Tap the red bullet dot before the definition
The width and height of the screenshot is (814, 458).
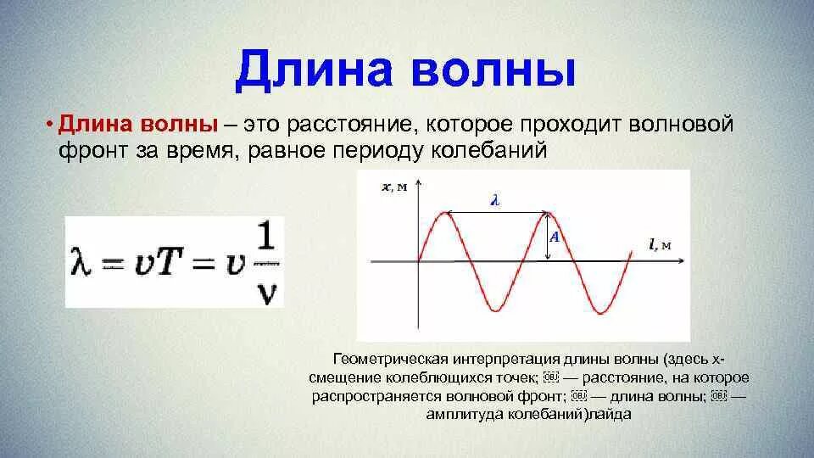coord(51,126)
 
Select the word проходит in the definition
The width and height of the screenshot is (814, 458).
coord(565,125)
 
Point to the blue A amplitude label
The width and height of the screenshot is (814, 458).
coord(554,238)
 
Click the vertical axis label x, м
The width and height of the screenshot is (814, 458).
coord(394,187)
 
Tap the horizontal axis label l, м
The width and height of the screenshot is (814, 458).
coord(660,246)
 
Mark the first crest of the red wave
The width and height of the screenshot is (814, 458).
coord(445,213)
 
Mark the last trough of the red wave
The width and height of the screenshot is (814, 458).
coord(600,313)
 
